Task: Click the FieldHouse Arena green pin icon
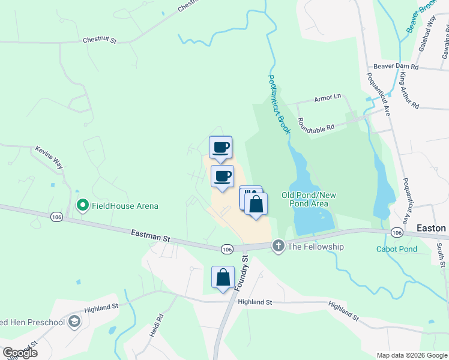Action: point(83,206)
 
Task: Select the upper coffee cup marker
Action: point(220,147)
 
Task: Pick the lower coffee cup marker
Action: point(222,176)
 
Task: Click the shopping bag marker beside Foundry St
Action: point(223,277)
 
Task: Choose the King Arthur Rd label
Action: point(409,90)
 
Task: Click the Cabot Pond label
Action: point(396,249)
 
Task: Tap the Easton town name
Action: point(432,228)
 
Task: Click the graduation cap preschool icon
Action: point(74,322)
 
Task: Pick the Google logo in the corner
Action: point(20,353)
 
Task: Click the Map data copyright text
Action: point(412,355)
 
